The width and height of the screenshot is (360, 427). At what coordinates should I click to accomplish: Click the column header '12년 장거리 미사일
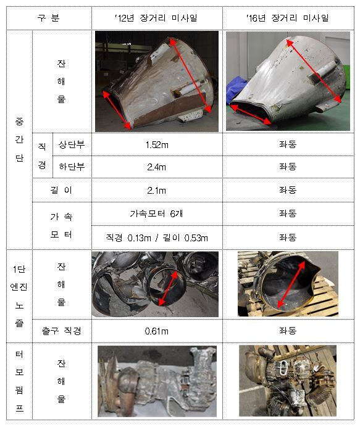click(156, 19)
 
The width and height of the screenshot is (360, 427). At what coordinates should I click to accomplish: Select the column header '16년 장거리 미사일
click(288, 19)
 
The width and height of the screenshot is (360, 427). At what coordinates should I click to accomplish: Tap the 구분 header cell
click(49, 18)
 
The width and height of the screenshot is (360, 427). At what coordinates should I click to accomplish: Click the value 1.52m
click(157, 144)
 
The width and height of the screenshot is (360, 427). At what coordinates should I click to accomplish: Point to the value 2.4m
click(157, 167)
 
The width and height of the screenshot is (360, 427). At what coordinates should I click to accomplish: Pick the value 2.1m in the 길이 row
click(157, 190)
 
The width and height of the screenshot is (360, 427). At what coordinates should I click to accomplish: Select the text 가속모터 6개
click(156, 213)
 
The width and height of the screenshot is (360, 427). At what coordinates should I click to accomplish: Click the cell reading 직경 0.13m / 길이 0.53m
click(157, 238)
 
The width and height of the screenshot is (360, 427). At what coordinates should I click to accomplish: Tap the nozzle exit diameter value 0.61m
click(157, 331)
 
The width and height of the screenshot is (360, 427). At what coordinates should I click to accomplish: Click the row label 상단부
click(72, 144)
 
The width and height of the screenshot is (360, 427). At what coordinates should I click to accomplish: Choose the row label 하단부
click(72, 167)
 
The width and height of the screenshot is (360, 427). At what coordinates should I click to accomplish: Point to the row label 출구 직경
click(62, 331)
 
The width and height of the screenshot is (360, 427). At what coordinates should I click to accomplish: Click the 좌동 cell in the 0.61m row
click(288, 331)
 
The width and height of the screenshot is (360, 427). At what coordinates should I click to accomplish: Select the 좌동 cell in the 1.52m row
click(288, 144)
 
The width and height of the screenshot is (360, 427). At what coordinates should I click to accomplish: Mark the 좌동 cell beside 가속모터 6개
click(288, 213)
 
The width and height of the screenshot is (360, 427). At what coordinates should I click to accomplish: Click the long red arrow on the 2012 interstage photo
click(190, 75)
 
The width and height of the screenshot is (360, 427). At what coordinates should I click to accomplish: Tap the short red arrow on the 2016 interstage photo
click(251, 114)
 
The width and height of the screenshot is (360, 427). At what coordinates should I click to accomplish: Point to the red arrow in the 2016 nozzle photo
click(291, 284)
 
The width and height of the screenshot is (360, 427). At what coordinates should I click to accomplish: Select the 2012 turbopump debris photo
click(157, 381)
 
